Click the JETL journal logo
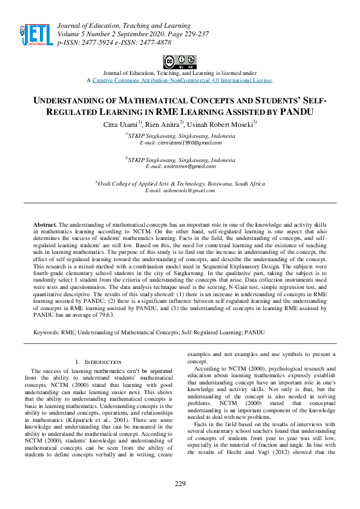point(36,34)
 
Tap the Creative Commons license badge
point(180,62)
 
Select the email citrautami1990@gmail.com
point(180,143)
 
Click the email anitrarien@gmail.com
point(180,166)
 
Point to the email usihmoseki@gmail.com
point(180,190)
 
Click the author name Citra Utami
point(119,124)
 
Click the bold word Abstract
point(45,224)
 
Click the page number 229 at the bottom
point(180,484)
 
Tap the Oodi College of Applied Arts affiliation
point(182,183)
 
